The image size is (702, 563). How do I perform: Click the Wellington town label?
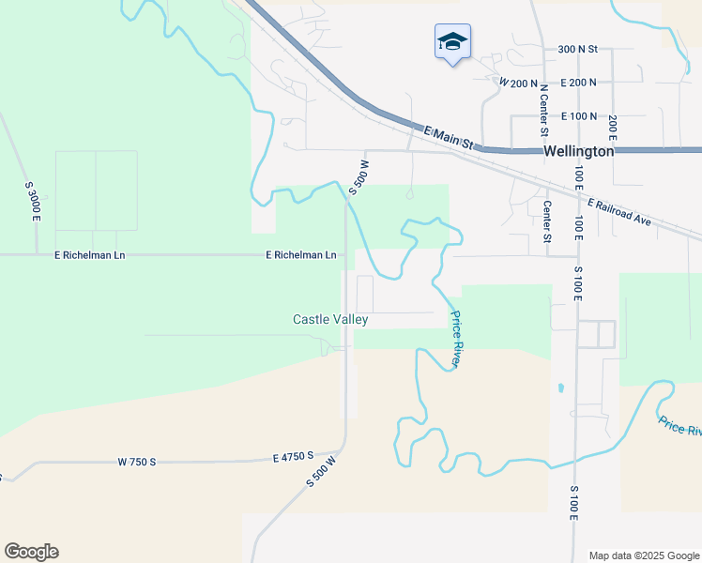[579, 151]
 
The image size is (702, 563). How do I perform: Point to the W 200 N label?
[518, 84]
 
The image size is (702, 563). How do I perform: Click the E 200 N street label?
[578, 83]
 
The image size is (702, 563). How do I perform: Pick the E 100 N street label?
[579, 116]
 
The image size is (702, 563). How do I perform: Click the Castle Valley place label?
[330, 320]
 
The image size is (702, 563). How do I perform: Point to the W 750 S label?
[136, 462]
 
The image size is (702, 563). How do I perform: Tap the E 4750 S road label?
[293, 457]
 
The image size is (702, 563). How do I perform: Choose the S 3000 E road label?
[33, 201]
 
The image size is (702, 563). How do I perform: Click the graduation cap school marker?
[452, 41]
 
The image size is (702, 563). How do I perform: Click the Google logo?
[31, 552]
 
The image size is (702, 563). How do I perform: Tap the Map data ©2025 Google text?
[643, 555]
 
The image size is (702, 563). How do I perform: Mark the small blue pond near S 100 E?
[560, 388]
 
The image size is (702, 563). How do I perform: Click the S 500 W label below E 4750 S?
[320, 471]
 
